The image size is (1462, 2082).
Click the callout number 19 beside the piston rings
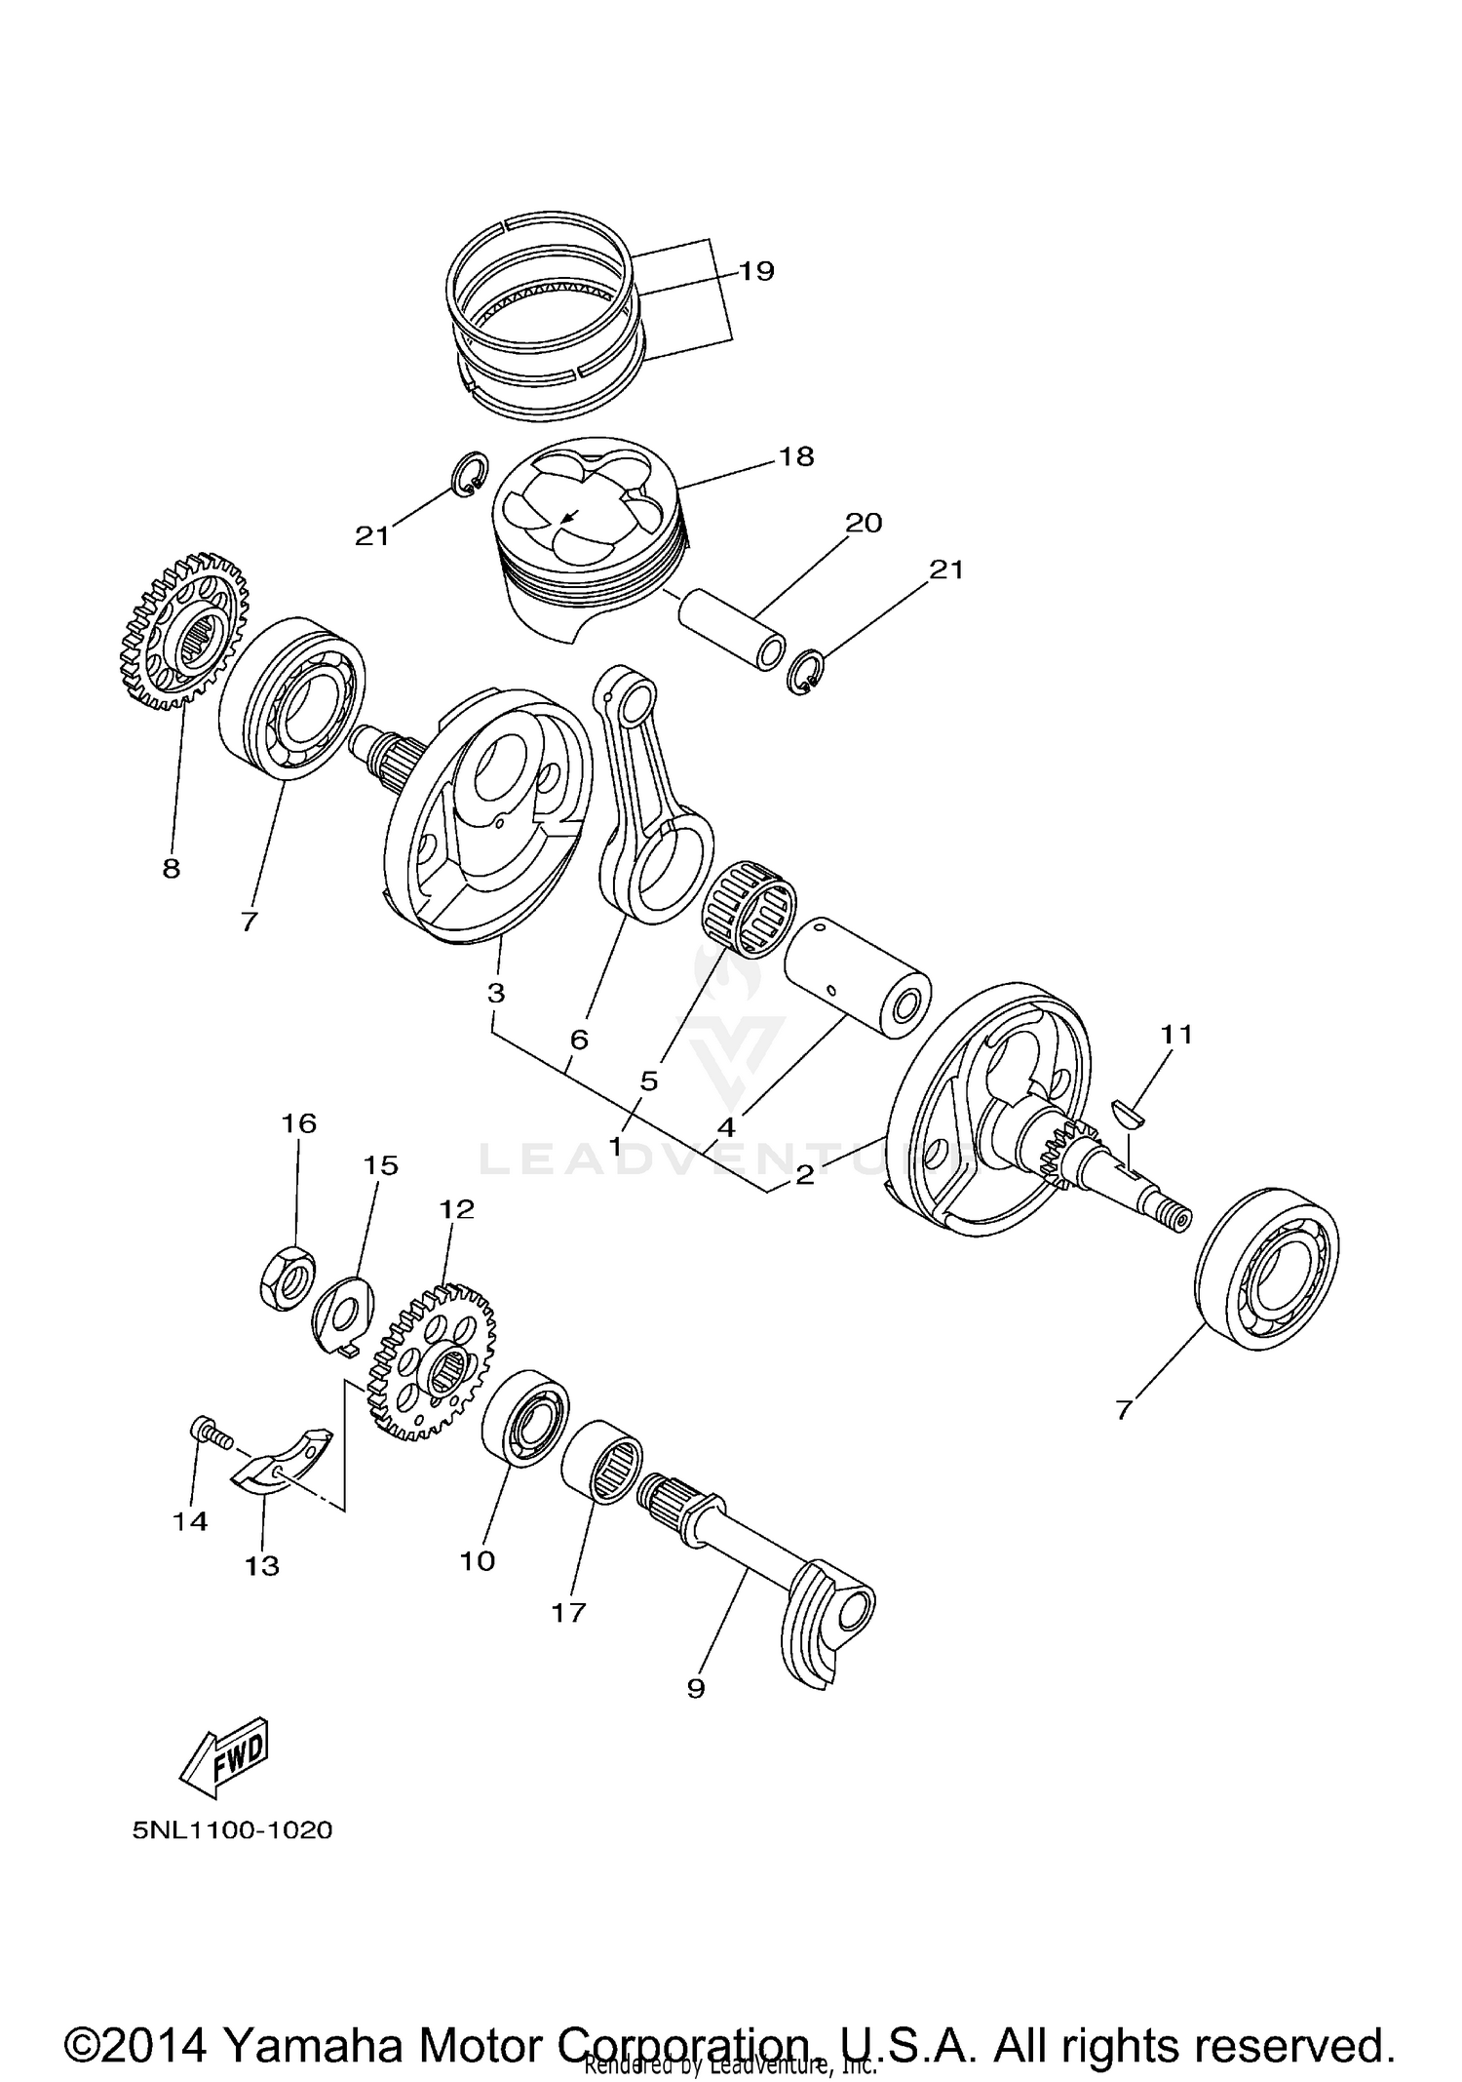(755, 270)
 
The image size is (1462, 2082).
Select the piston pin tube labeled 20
(731, 624)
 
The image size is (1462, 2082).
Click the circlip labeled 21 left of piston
(470, 474)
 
